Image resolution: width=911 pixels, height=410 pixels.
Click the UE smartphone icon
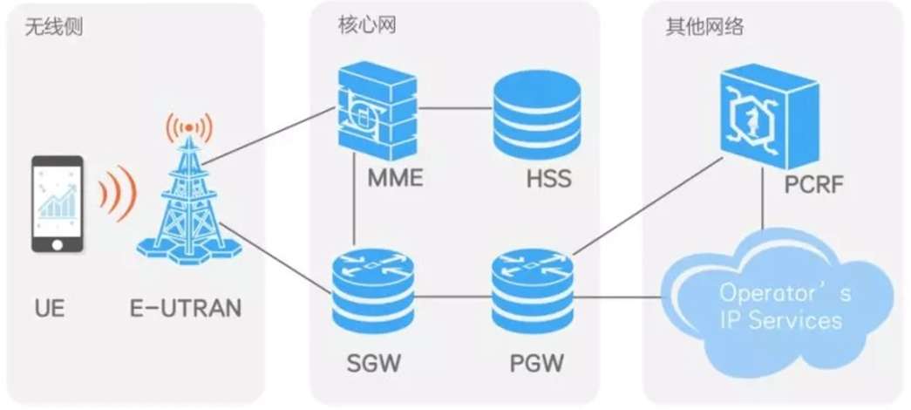coord(58,204)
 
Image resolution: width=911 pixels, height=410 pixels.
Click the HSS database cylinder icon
coord(536,113)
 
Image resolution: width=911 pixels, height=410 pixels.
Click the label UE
coord(51,309)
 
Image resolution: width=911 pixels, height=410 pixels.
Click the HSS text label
coord(548,181)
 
